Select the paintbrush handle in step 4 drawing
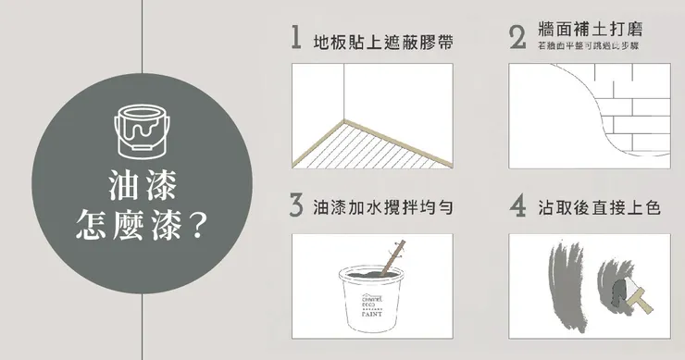pyautogui.click(x=638, y=298)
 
